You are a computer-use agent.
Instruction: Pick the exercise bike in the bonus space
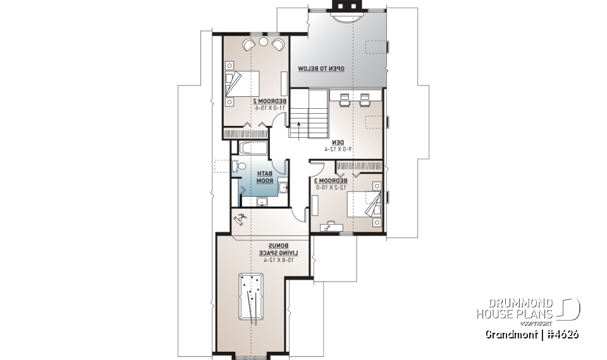[x=241, y=221]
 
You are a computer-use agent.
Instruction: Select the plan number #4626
[x=560, y=334]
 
